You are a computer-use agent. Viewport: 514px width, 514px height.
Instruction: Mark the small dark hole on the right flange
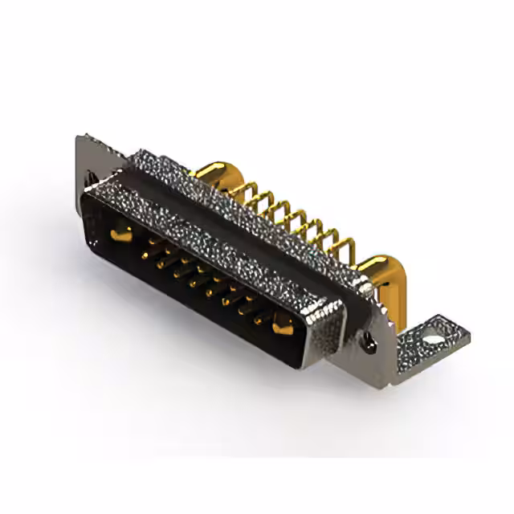pyautogui.click(x=370, y=344)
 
